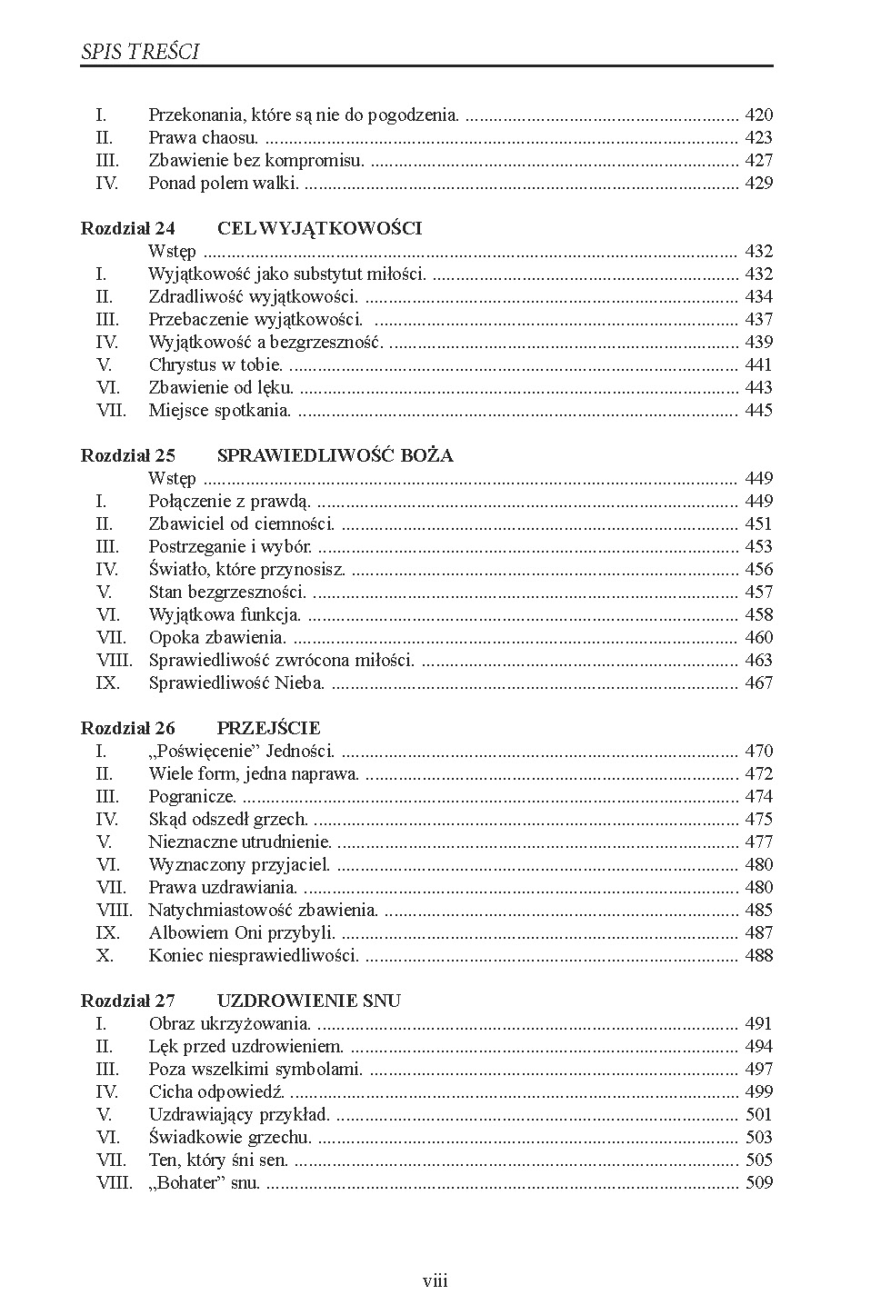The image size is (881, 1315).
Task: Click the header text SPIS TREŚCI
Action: click(x=139, y=52)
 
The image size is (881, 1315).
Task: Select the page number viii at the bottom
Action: click(x=435, y=1281)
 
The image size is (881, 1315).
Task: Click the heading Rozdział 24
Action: click(x=128, y=229)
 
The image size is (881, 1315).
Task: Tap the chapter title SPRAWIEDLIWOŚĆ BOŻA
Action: click(x=335, y=456)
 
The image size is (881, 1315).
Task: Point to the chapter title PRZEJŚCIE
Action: click(x=268, y=729)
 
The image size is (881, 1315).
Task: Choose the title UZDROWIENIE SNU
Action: click(x=308, y=1001)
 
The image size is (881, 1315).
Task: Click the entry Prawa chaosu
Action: click(x=204, y=138)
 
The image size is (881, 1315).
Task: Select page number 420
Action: click(x=758, y=115)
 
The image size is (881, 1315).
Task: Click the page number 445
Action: click(x=758, y=411)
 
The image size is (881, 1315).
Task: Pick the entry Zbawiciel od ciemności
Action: click(x=242, y=524)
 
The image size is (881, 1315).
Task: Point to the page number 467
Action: click(x=758, y=683)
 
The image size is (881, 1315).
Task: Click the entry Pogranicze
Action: click(x=193, y=797)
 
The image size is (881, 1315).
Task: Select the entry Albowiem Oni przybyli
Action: click(x=243, y=933)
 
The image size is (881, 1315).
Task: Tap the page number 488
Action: click(x=758, y=956)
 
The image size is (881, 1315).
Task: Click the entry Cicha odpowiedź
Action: click(x=217, y=1092)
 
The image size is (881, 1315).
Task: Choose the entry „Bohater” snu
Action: click(x=205, y=1183)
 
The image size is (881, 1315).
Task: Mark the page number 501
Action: click(x=758, y=1115)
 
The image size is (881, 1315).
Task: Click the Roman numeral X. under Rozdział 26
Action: click(x=105, y=956)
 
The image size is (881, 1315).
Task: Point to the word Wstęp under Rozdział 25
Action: click(x=172, y=479)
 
